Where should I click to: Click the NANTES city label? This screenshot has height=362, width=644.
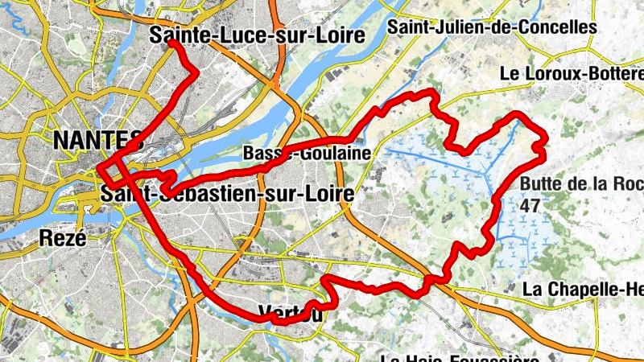[x=97, y=141]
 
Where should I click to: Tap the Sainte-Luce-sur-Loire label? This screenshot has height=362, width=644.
[x=257, y=35]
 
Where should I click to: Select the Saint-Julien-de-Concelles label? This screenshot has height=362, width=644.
[x=492, y=27]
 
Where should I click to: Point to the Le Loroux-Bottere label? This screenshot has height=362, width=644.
[x=572, y=73]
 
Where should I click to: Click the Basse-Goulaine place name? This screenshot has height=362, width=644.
[x=306, y=153]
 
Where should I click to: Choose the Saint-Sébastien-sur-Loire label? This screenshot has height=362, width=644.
[x=228, y=195]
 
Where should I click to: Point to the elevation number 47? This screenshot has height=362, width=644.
[x=529, y=204]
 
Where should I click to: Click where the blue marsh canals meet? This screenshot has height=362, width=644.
[x=489, y=172]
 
